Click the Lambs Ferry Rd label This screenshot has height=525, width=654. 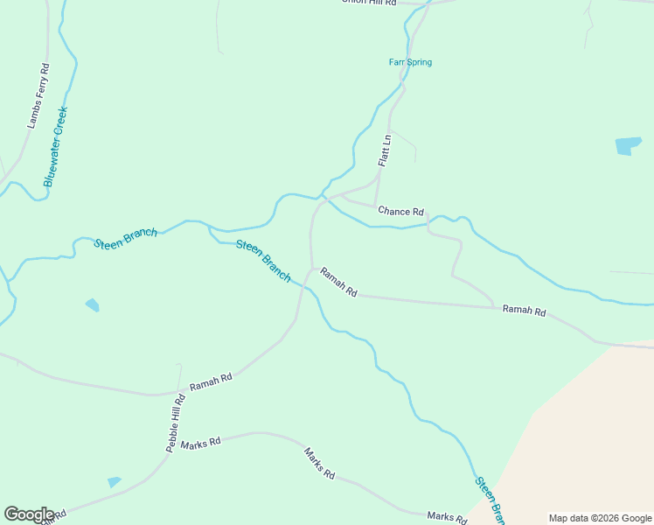click(x=38, y=96)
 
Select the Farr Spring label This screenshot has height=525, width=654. click(x=410, y=62)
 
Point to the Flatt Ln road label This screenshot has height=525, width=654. click(x=384, y=149)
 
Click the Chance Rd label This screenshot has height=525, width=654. click(x=400, y=211)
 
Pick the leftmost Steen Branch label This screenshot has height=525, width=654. click(x=126, y=238)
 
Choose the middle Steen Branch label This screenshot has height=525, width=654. click(x=263, y=260)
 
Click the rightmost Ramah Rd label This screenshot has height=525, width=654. click(x=524, y=311)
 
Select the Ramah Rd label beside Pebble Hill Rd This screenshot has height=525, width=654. click(x=211, y=381)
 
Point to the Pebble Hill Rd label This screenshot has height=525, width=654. click(x=176, y=423)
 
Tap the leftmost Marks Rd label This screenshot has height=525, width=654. click(x=200, y=444)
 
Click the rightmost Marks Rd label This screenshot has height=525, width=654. click(x=446, y=517)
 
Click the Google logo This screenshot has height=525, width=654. click(x=29, y=514)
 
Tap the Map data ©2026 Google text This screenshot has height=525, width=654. click(x=599, y=518)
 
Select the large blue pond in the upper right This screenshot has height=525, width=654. click(x=628, y=145)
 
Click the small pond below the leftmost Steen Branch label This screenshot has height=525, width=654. click(x=92, y=304)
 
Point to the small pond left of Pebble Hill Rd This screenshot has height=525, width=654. click(x=114, y=482)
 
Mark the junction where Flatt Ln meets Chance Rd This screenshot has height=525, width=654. click(x=375, y=206)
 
